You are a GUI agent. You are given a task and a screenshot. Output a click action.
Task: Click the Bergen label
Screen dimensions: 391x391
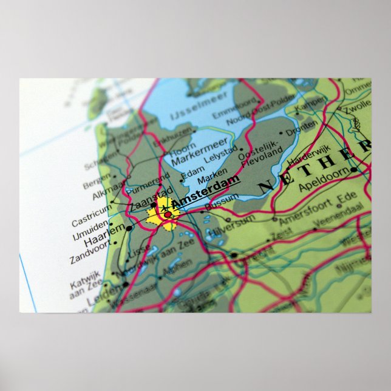[97, 180]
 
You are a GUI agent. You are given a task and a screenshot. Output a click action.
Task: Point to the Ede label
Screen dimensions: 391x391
[347, 197]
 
